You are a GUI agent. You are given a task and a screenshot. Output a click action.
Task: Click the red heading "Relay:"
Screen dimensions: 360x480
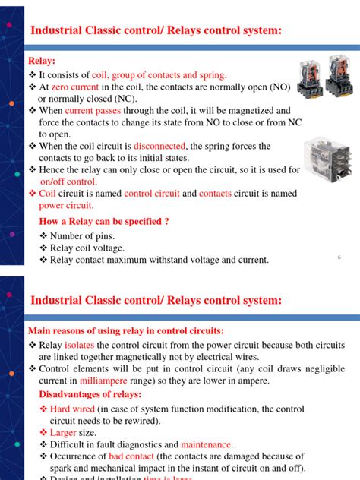(x=42, y=61)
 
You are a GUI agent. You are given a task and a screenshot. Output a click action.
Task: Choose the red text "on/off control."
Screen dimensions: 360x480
(x=68, y=182)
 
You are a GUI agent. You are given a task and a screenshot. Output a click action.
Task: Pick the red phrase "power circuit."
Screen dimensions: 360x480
(x=66, y=205)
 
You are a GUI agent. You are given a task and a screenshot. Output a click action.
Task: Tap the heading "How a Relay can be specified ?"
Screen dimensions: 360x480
(x=103, y=222)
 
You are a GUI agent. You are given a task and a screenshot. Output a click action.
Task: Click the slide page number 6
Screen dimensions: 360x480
(x=338, y=257)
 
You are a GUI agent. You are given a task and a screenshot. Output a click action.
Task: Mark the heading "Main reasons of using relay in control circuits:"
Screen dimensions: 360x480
(x=125, y=331)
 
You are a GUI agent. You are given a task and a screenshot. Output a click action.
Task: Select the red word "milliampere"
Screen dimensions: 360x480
(x=106, y=381)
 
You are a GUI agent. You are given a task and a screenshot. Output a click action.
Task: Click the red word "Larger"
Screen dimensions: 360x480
(x=65, y=432)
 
